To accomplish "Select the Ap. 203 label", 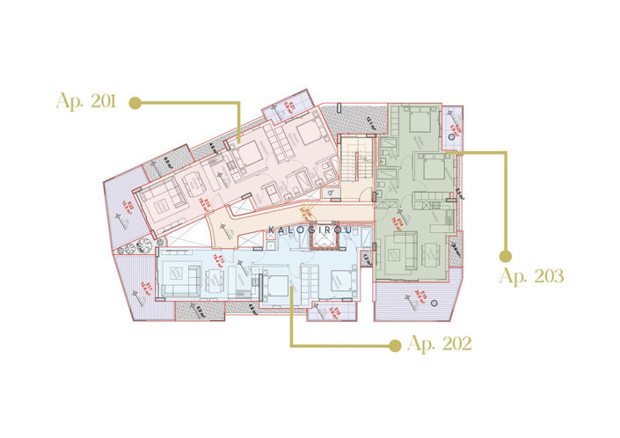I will click(x=531, y=275).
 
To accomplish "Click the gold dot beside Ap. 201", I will click(x=135, y=103).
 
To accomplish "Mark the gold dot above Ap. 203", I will click(x=506, y=256).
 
